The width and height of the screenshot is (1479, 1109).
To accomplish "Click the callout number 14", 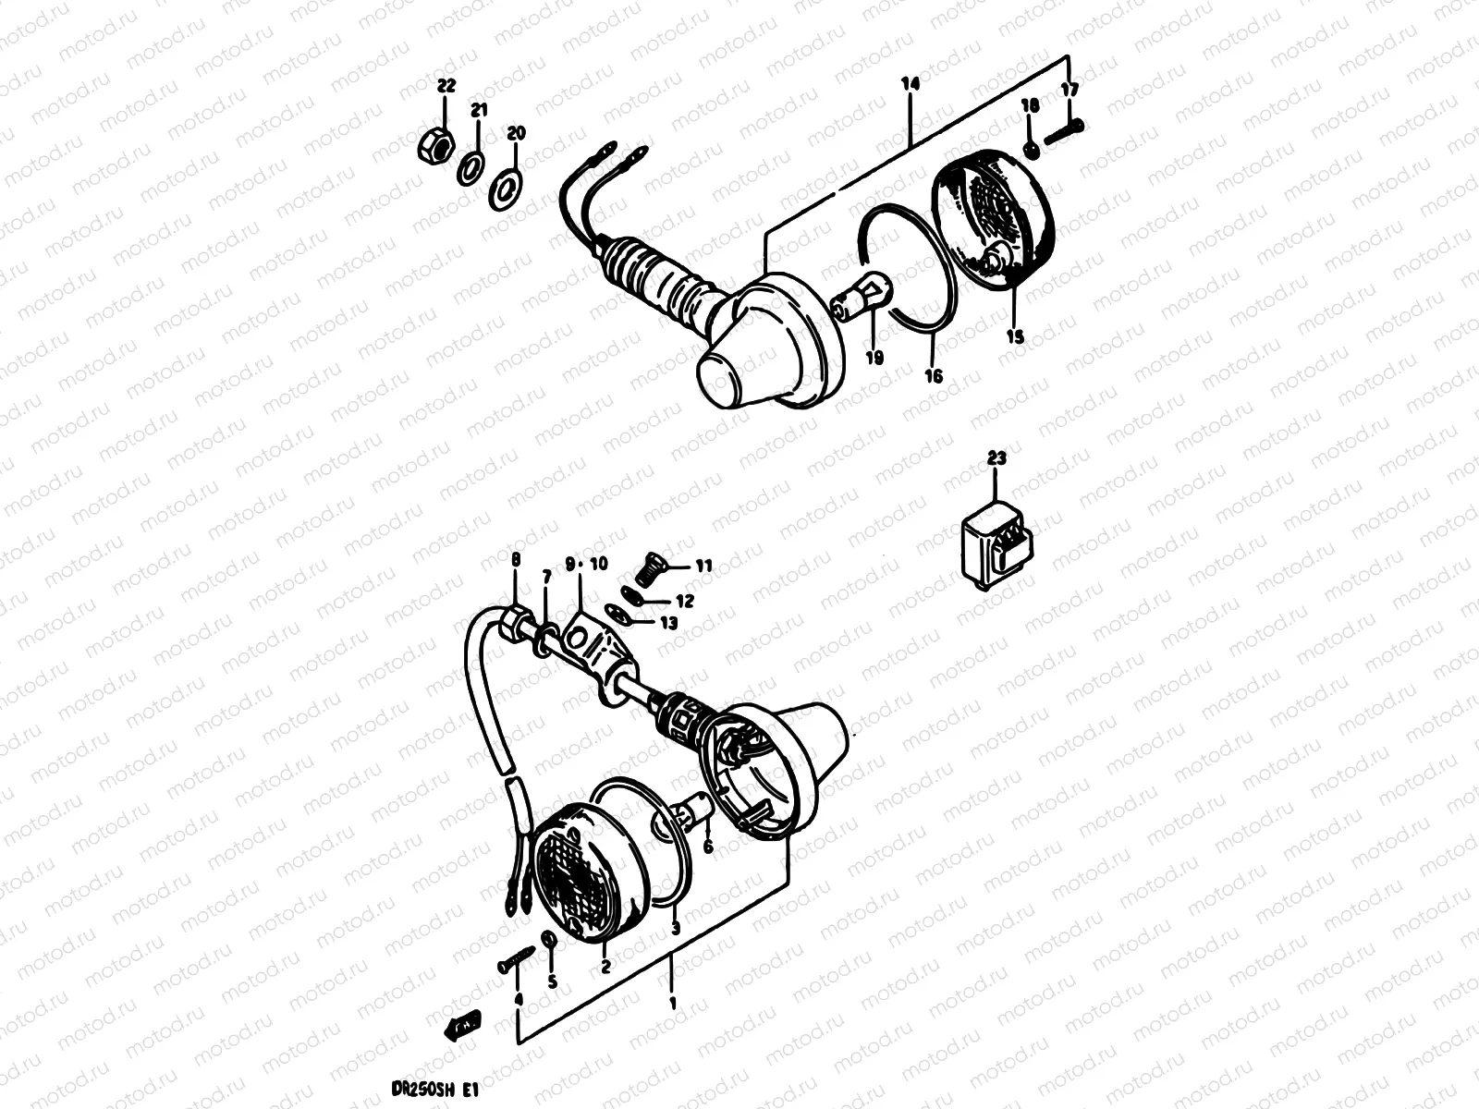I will (911, 84).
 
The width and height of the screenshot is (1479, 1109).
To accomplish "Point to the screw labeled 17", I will (1062, 132).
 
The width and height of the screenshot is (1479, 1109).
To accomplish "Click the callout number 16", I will (934, 375).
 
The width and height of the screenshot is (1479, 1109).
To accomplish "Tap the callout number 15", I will (1015, 337).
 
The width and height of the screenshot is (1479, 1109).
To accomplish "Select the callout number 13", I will (669, 623).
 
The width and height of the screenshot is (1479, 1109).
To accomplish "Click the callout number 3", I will (674, 928).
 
